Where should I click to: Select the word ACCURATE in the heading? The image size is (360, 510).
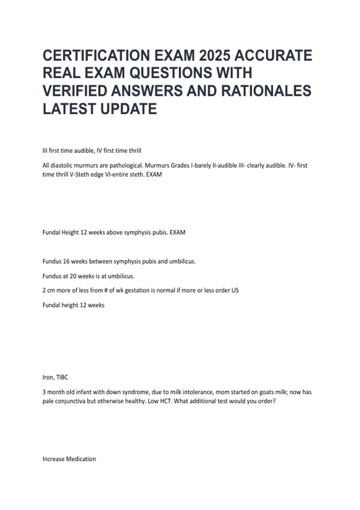(x=273, y=55)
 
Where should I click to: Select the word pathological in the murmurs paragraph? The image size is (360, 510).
(x=126, y=165)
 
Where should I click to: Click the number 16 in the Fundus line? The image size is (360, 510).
(x=66, y=261)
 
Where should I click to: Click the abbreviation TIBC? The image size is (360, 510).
(x=62, y=377)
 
